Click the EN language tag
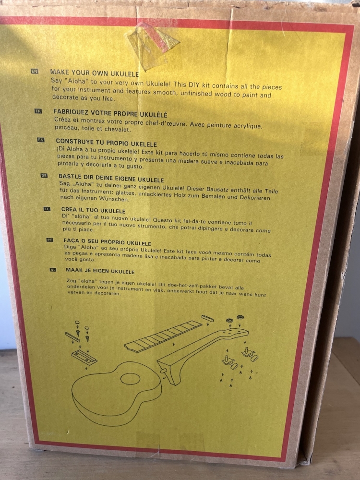[34, 72]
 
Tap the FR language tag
[38, 111]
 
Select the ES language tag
[41, 140]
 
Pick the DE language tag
[44, 176]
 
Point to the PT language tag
[50, 240]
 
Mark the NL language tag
[53, 270]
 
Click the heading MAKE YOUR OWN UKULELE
[94, 73]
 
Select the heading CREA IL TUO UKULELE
[93, 210]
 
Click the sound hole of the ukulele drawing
[130, 379]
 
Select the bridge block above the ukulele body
[84, 358]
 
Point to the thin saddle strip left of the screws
[72, 336]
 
